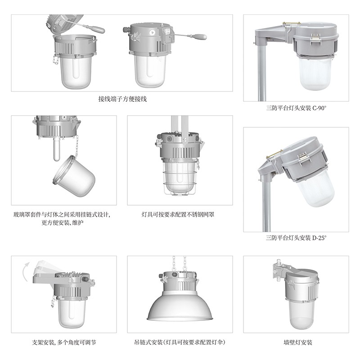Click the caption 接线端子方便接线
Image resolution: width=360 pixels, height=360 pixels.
click(122, 99)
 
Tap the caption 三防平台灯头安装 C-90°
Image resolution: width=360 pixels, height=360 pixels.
click(296, 108)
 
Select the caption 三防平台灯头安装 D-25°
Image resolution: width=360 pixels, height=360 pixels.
click(296, 238)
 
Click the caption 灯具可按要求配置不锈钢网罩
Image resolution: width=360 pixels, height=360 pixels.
click(178, 215)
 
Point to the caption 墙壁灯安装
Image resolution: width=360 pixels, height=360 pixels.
click(298, 342)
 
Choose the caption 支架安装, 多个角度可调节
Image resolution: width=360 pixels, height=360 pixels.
click(64, 342)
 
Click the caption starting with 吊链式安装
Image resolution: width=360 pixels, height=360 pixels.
click(180, 342)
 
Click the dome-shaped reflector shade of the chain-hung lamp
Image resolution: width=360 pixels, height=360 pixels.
click(180, 306)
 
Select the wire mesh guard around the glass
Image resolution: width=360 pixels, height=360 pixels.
click(180, 178)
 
